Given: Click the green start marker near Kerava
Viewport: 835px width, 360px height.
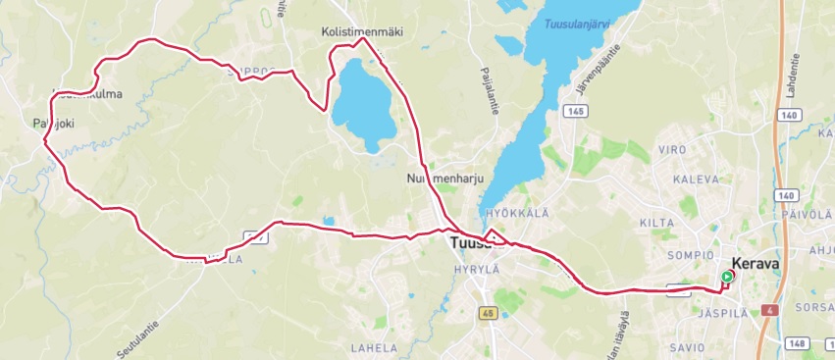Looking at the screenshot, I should [726, 278].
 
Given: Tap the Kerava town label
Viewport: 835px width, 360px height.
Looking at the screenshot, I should [755, 264].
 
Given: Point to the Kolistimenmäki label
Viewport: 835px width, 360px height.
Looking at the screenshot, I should [362, 32].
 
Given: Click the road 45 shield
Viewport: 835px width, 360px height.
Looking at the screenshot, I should [488, 313].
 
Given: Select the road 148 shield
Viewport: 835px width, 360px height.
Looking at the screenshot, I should [796, 342].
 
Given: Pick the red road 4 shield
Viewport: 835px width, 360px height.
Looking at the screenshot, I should [772, 310].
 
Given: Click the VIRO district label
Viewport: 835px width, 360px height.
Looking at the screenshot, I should [671, 150].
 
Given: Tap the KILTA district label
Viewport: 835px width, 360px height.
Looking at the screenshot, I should [656, 224].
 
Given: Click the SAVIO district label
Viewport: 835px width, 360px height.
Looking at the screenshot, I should [688, 347].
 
